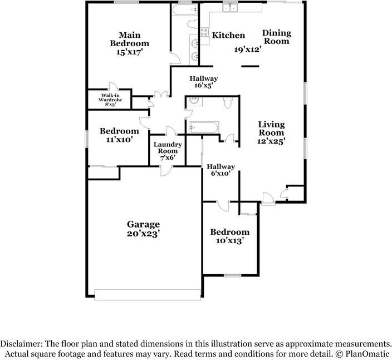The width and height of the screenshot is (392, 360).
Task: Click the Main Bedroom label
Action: tap(129, 38)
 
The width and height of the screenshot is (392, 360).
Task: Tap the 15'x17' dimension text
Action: tap(129, 52)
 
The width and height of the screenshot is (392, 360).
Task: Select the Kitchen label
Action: tap(228, 36)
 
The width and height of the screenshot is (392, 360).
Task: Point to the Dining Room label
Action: tap(277, 37)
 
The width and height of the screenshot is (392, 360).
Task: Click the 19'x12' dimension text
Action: tap(247, 49)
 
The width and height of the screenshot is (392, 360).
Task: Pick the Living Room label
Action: tap(271, 129)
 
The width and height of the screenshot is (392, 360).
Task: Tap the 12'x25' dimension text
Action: tap(271, 141)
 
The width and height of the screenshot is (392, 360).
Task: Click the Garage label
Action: tap(143, 224)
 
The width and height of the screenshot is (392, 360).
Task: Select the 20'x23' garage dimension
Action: tap(143, 234)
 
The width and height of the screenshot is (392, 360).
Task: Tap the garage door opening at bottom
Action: tap(148, 295)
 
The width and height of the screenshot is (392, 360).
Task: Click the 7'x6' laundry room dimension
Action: tap(165, 158)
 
